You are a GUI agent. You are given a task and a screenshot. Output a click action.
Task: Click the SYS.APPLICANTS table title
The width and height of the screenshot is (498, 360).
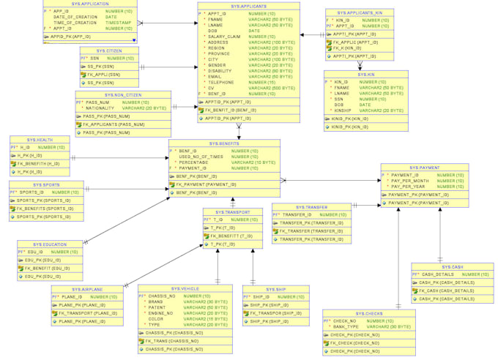248,6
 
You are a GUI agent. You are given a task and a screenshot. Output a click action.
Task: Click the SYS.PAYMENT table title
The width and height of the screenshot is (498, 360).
424,168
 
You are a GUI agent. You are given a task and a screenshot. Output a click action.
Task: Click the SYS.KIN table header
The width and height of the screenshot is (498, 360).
366,75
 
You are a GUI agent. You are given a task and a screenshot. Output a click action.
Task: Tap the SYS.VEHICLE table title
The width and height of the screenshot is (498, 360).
185,289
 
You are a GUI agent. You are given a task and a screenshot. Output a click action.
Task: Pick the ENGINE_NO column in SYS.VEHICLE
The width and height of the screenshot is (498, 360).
163,313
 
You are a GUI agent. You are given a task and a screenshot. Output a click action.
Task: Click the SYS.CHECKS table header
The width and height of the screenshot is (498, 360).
369,313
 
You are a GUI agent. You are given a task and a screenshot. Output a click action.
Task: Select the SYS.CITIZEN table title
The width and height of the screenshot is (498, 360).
109,50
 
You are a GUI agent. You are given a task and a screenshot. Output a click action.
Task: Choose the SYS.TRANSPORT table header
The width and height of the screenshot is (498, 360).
232,212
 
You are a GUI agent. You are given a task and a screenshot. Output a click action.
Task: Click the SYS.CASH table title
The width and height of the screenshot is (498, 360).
452,267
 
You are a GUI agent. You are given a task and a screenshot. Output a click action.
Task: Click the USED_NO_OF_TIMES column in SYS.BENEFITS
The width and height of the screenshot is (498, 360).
201,157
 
